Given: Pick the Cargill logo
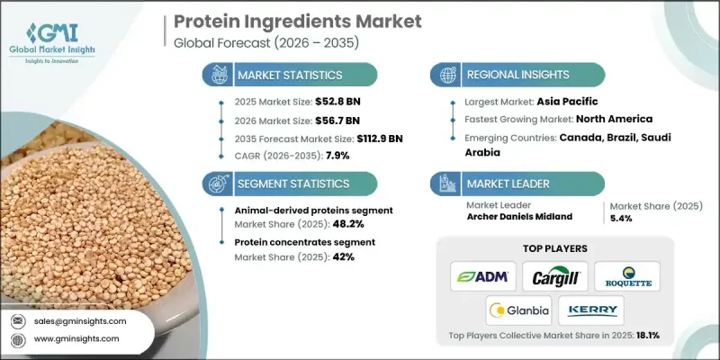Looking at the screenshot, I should pyautogui.click(x=557, y=275).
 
